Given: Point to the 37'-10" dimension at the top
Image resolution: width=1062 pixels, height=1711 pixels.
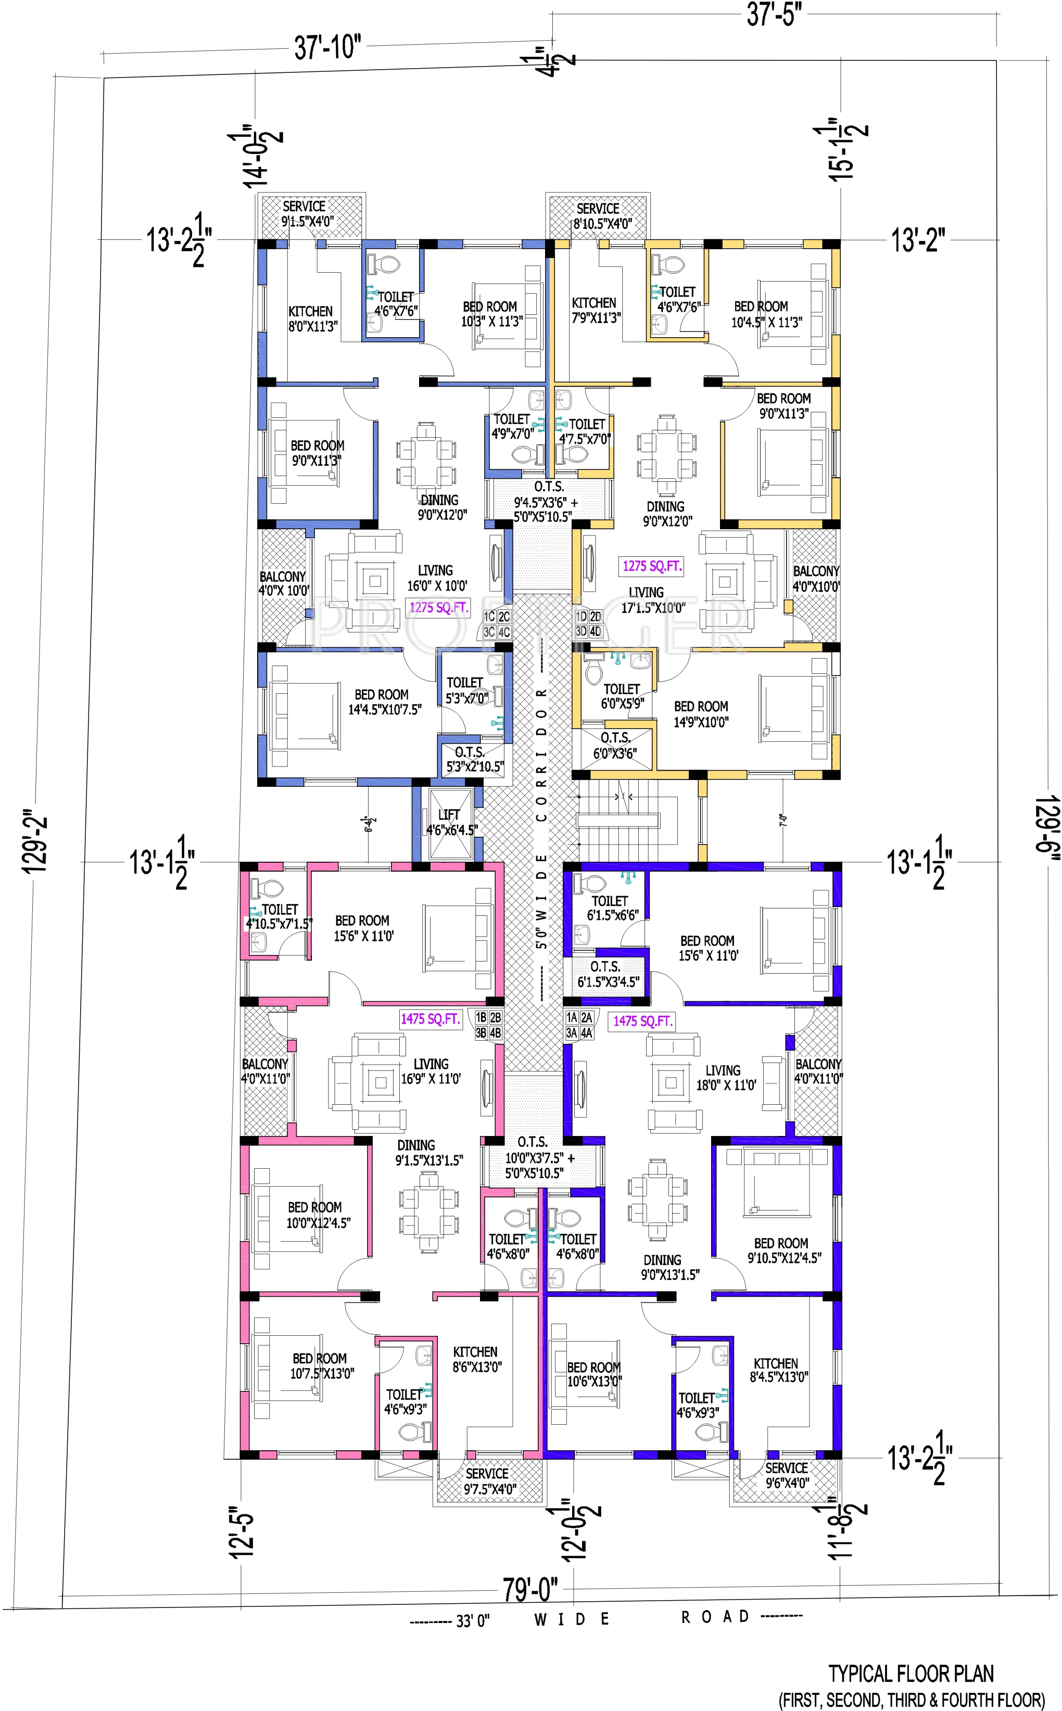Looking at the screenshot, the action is [327, 48].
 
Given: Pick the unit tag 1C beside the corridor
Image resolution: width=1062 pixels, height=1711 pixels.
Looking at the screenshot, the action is [489, 617].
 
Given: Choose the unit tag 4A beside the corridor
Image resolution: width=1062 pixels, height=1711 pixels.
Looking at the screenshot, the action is [587, 1033].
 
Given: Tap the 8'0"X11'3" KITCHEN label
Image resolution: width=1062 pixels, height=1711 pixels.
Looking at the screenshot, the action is [312, 319].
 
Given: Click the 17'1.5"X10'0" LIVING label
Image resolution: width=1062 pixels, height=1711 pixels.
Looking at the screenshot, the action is [652, 601].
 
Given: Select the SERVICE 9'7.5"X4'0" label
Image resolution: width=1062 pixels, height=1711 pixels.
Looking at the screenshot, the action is [489, 1480].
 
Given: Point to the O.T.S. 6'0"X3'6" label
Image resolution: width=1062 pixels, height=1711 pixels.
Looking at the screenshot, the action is [615, 746].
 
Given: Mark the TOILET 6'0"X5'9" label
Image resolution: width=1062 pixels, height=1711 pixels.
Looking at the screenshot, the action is [622, 696].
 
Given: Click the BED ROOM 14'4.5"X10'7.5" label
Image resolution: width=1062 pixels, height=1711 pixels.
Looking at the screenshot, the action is [385, 702].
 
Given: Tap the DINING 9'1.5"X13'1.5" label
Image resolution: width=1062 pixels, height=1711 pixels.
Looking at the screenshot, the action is [428, 1153].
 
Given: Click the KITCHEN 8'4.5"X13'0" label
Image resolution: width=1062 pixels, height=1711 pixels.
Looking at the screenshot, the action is [778, 1370].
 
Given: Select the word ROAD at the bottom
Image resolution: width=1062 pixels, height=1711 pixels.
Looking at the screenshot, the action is [716, 1617].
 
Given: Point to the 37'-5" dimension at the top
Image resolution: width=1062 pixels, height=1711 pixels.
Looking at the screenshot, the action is [773, 15].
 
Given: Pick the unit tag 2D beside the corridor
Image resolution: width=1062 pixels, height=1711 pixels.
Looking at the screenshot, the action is [595, 617].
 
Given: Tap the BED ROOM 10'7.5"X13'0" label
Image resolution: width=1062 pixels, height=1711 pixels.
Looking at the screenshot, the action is [322, 1365].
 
